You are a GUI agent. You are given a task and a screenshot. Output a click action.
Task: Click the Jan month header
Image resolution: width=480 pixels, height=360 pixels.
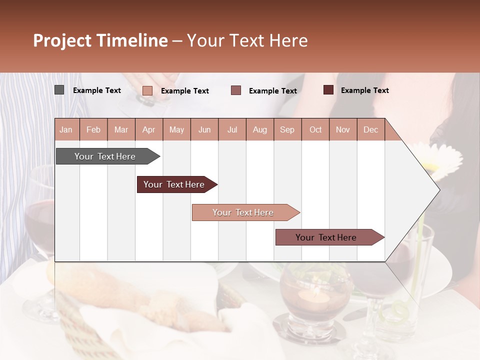[66, 130]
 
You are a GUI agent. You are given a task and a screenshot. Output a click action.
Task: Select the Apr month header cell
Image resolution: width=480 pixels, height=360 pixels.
[148, 130]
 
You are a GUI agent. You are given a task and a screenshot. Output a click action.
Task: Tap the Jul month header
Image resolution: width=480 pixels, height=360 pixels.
[232, 130]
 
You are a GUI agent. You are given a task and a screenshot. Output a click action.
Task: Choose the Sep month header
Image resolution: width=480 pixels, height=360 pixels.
[287, 130]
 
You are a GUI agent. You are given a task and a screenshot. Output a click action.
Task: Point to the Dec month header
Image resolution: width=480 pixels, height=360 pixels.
[370, 130]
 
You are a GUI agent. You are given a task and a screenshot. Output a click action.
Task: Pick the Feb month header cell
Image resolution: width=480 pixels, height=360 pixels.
[93, 130]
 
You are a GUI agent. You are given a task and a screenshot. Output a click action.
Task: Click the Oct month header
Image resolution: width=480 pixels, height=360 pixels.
[315, 130]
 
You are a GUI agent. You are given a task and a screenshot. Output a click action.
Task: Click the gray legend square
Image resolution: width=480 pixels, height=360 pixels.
[59, 90]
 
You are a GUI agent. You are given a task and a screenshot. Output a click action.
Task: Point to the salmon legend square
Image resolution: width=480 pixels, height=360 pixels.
[147, 90]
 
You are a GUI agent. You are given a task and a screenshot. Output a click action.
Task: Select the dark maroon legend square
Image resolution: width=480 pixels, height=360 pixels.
[328, 90]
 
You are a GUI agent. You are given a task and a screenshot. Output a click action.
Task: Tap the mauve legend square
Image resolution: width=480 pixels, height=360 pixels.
[236, 90]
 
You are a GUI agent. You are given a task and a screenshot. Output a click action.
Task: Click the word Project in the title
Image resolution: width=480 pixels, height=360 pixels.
[62, 40]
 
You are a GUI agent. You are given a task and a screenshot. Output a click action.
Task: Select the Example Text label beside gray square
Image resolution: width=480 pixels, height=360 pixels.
[97, 90]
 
